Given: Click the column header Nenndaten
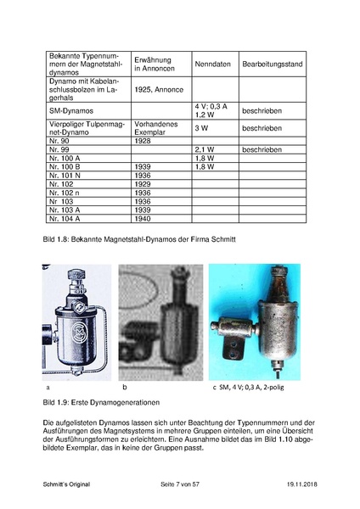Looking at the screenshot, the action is (212, 64).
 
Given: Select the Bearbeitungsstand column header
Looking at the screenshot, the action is (273, 64).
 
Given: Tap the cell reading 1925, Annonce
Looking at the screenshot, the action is (159, 90).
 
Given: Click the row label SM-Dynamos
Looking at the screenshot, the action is (71, 110).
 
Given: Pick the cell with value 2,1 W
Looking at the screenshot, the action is (205, 149).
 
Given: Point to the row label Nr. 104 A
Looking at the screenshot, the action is (65, 219).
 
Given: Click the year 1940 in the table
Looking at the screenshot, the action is (143, 219).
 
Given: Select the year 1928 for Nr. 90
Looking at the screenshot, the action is (143, 141).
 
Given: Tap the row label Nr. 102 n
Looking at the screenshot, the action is (64, 193).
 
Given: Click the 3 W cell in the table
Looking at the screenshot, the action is (201, 128).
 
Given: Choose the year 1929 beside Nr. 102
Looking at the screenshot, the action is (143, 184).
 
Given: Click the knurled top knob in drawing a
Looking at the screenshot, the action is (76, 275).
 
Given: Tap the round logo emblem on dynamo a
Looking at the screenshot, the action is (80, 333).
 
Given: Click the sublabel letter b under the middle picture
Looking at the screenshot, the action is (125, 387).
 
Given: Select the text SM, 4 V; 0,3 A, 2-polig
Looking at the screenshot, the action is (251, 387).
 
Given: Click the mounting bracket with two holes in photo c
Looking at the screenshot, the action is (233, 349).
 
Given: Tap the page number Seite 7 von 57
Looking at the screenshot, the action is (180, 484).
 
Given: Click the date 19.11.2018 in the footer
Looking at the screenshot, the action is (302, 484).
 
